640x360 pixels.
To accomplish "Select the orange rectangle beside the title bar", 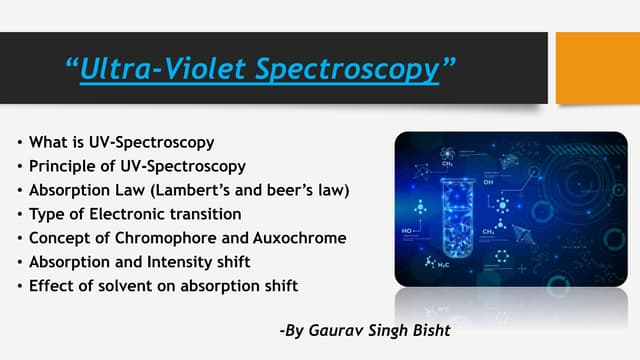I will pyautogui.click(x=597, y=67).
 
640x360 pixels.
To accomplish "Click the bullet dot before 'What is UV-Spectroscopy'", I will pyautogui.click(x=22, y=141).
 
